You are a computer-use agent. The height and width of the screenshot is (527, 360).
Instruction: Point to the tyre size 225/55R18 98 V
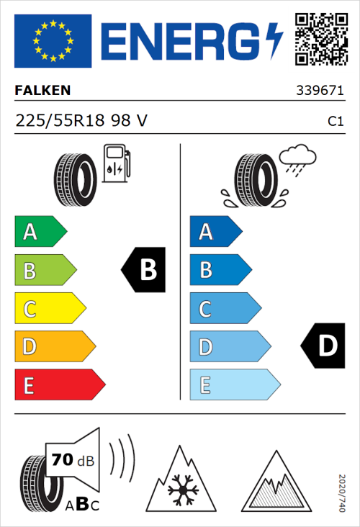[x=81, y=122]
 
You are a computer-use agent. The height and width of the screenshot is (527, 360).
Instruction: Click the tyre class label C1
[x=335, y=122]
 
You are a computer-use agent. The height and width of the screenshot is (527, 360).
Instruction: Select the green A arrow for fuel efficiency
[x=40, y=232]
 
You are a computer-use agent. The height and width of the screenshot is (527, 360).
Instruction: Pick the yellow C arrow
[x=50, y=309]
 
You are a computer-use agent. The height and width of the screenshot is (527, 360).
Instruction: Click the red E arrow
[x=59, y=385]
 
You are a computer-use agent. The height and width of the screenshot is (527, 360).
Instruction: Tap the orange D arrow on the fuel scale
[x=54, y=347]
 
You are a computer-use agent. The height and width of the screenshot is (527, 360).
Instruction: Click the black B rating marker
[x=143, y=270]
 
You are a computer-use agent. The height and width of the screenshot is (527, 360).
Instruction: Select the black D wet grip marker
[x=323, y=346]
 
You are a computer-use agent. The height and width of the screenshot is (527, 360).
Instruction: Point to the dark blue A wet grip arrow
[x=215, y=232]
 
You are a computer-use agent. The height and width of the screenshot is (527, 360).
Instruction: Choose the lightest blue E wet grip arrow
[x=234, y=385]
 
